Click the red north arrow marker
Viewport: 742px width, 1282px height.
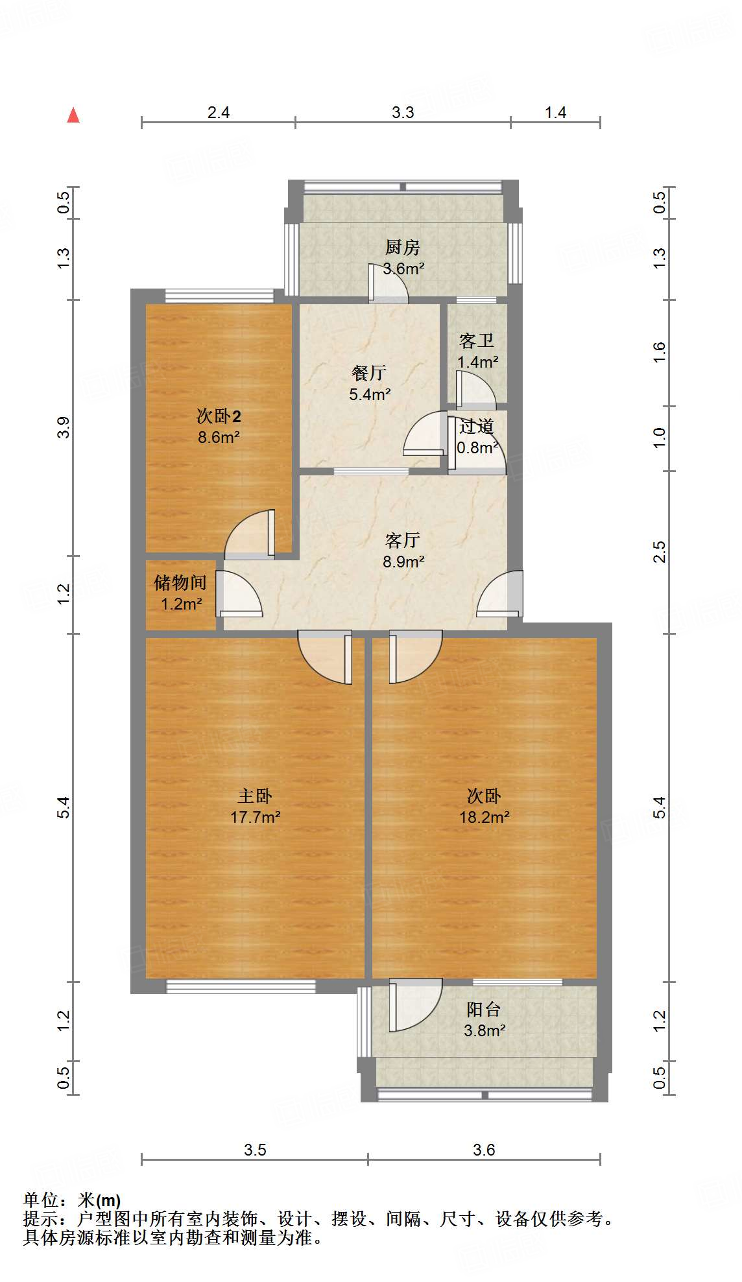coord(73,115)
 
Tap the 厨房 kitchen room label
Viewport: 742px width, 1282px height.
coord(402,247)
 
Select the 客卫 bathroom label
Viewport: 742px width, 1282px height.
coord(476,340)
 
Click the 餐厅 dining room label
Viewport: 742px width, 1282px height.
coord(368,373)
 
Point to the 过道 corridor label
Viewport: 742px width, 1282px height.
coord(477,427)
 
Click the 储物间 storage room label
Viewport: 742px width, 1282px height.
coord(180,582)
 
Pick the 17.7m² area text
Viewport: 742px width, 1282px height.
coord(255,817)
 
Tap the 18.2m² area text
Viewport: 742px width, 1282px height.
coord(484,817)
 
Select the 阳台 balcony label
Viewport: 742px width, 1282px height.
coord(483,1009)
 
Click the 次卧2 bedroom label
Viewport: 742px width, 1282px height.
coord(219,416)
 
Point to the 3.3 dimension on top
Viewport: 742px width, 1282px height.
coord(402,112)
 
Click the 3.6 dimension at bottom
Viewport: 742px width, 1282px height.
coord(483,1150)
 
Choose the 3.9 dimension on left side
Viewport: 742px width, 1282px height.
coord(63,427)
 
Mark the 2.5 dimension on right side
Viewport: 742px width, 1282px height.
coord(659,552)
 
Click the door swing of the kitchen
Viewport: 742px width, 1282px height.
coord(387,283)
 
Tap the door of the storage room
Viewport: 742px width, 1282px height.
coord(239,594)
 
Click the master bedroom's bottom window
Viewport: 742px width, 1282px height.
coord(241,986)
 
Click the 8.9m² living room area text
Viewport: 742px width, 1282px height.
coord(403,562)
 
